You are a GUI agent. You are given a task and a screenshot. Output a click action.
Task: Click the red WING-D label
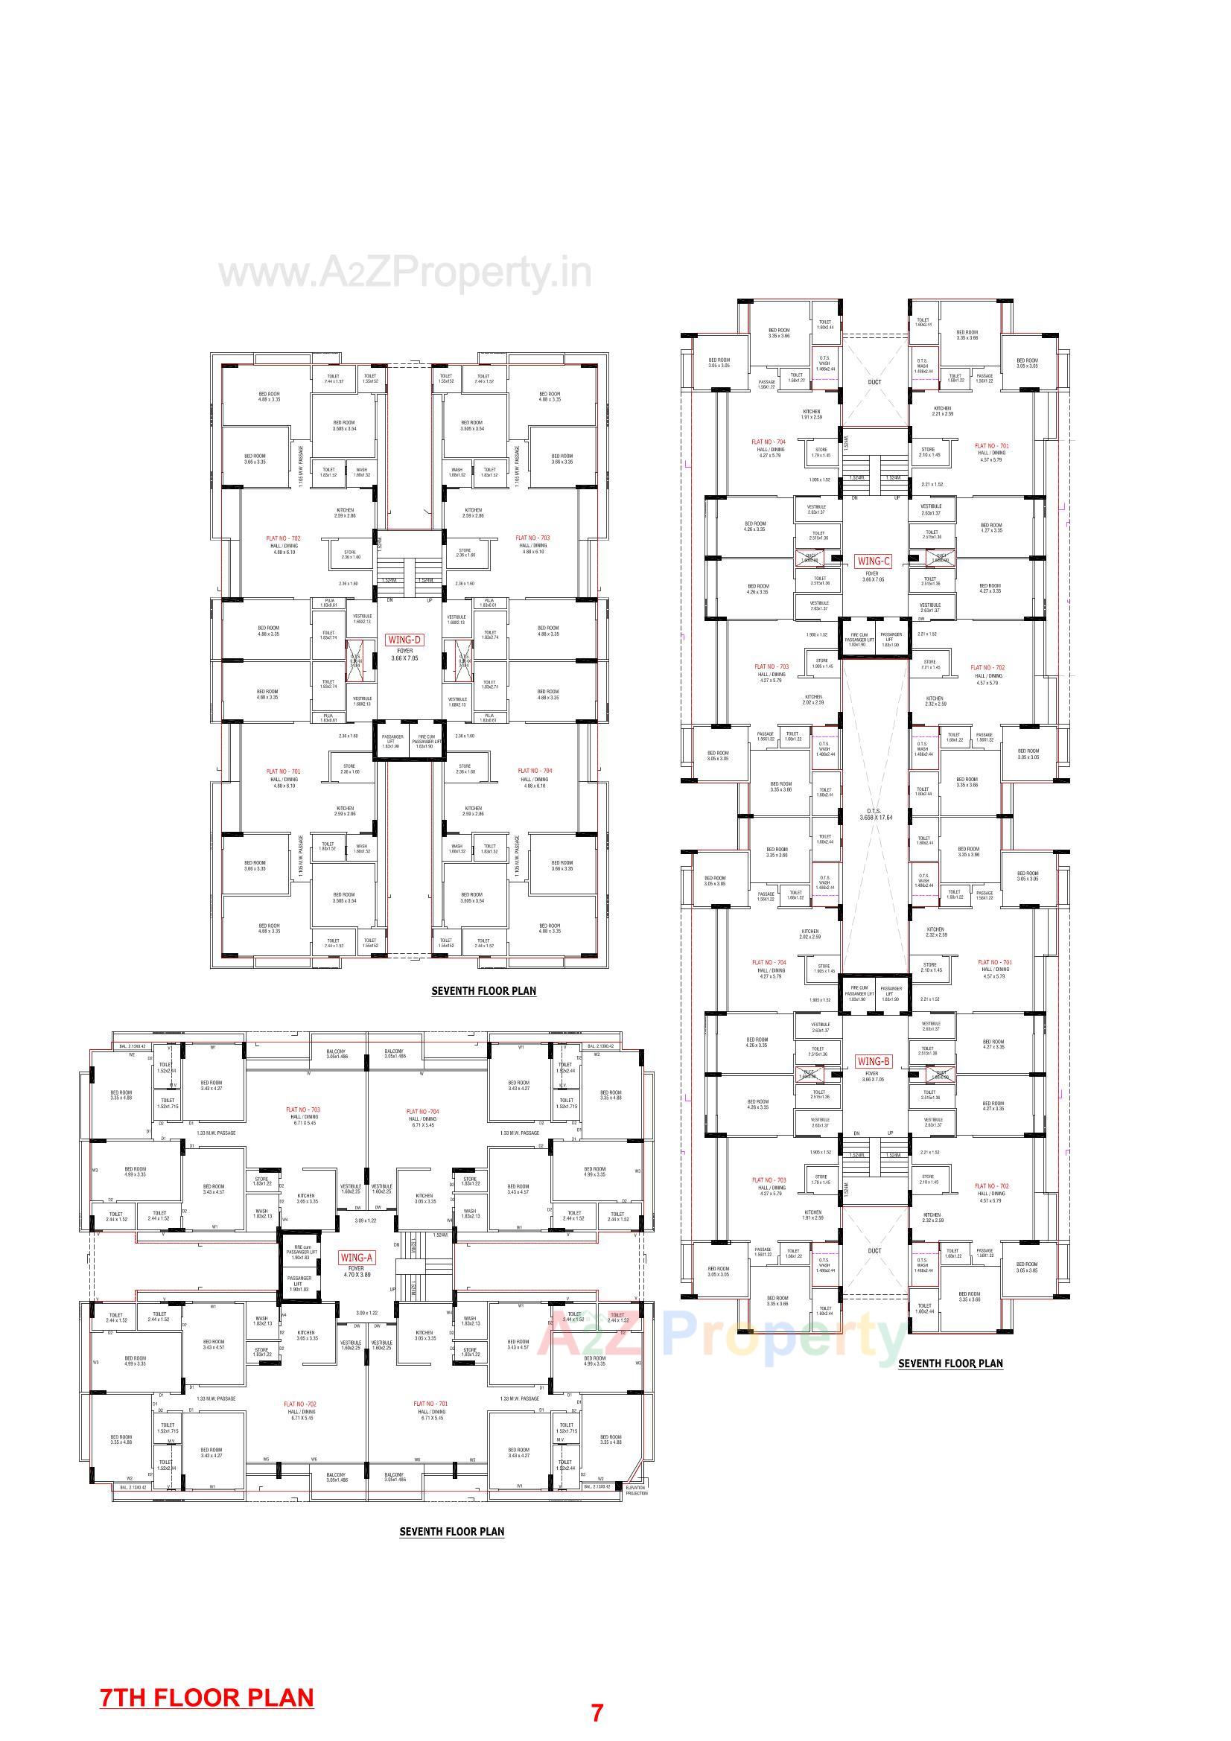point(404,639)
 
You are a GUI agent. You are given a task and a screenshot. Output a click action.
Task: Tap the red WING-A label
point(356,1257)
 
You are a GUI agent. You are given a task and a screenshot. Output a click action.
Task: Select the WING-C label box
point(873,561)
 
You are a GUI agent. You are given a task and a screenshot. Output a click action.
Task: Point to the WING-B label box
point(873,1062)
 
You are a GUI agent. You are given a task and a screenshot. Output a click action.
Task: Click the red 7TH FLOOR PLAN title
point(206,1697)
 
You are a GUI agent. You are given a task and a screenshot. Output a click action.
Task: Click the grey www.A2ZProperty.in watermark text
point(405,273)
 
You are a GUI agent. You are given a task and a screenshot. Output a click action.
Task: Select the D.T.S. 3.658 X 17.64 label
point(875,815)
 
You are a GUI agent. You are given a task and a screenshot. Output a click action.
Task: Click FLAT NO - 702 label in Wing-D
point(284,538)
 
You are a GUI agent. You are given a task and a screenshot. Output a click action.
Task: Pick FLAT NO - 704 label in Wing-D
point(535,771)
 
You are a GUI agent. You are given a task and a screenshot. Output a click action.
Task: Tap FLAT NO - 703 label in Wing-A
point(302,1110)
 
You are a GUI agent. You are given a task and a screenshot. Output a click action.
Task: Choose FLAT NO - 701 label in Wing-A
point(430,1404)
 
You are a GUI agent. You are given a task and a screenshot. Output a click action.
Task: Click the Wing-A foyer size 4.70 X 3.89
point(356,1275)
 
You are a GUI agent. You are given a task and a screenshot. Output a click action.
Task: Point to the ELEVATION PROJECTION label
point(637,1491)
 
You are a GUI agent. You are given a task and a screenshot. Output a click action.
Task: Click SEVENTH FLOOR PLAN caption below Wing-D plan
point(483,990)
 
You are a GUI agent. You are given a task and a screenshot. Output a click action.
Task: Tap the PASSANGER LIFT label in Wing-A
point(299,1284)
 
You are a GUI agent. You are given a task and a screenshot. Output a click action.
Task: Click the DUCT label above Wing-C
point(874,382)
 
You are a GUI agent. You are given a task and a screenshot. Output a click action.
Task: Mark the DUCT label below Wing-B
point(874,1251)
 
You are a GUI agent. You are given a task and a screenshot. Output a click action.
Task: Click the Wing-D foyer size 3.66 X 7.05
point(404,658)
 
